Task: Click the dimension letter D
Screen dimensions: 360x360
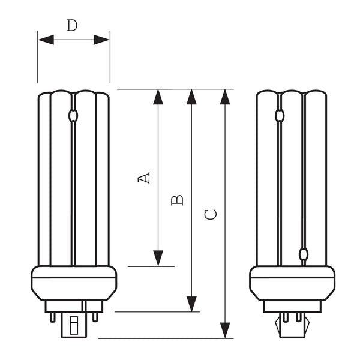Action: tap(72, 25)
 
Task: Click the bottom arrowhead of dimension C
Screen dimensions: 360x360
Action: tap(225, 330)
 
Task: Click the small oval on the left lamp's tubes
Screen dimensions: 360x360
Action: tap(74, 115)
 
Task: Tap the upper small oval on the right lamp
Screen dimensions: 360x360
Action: tap(280, 115)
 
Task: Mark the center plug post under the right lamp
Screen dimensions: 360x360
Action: tap(292, 327)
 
